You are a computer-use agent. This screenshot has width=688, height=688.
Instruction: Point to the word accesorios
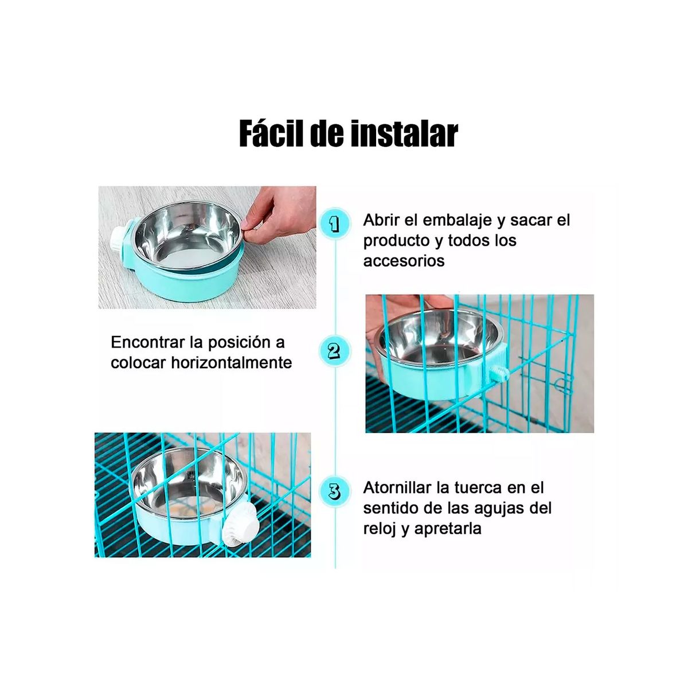click(404, 261)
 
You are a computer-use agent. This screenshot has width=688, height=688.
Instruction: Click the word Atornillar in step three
click(397, 488)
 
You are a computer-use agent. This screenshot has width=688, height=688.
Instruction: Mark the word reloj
click(380, 529)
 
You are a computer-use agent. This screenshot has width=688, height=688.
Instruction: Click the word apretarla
click(448, 529)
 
